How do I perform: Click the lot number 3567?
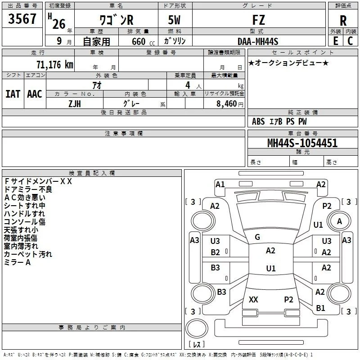[x=22, y=18]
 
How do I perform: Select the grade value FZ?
[x=258, y=20]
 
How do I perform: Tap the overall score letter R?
[x=343, y=21]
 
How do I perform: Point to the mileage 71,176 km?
[x=55, y=64]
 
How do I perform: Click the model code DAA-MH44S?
[x=258, y=41]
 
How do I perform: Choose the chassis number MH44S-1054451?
[x=302, y=143]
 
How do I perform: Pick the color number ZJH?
[x=75, y=104]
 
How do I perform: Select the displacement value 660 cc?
[x=143, y=42]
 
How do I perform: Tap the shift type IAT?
[x=13, y=94]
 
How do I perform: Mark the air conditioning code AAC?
[x=35, y=94]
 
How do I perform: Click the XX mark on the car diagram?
[x=253, y=299]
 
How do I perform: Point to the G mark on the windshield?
[x=257, y=237]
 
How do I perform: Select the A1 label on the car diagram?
[x=220, y=184]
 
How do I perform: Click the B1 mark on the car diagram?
[x=320, y=308]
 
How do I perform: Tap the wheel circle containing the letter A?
[x=339, y=221]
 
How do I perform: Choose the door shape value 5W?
[x=174, y=20]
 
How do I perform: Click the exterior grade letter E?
[x=335, y=41]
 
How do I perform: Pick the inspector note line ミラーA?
[x=17, y=262]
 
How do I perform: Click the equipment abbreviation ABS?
[x=258, y=121]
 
